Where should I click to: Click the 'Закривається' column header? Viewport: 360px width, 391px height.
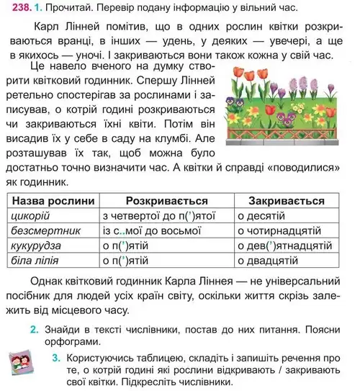click(287, 199)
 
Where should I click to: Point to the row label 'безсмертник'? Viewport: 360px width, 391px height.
click(44, 230)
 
